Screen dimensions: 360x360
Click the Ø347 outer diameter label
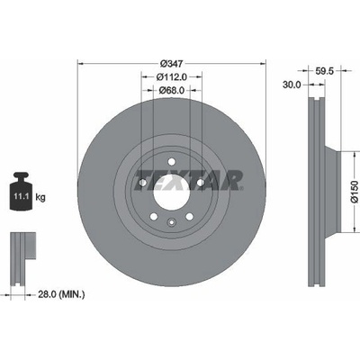coord(172,64)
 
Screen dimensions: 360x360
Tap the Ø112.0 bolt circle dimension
coord(172,77)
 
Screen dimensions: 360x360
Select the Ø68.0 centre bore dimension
coord(172,90)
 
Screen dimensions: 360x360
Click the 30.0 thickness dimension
coord(292,85)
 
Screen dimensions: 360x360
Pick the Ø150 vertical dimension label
coord(355,192)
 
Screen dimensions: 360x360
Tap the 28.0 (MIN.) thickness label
coord(61,294)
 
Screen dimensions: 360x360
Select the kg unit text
coord(40,197)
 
